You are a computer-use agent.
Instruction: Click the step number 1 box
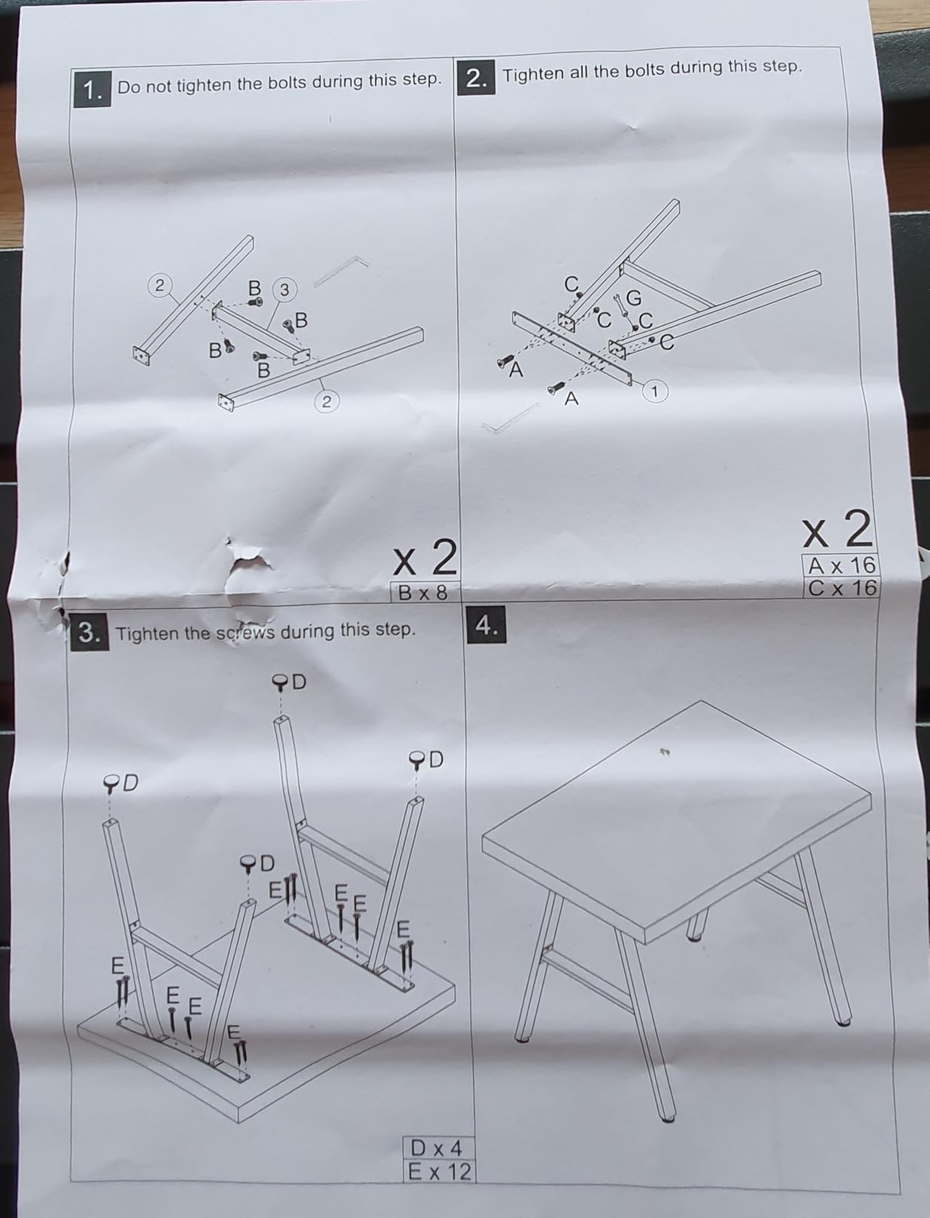[x=93, y=89]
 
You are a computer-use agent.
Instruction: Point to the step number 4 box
[x=486, y=625]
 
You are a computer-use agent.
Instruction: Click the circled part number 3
[x=284, y=289]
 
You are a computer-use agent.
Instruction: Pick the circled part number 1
[x=655, y=391]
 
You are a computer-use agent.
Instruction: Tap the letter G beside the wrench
[x=634, y=299]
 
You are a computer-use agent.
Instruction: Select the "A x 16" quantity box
[x=841, y=565]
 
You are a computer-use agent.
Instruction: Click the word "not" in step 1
[x=161, y=86]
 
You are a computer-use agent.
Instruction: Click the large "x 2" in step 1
[x=425, y=558]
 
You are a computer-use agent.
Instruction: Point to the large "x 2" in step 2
[x=837, y=530]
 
